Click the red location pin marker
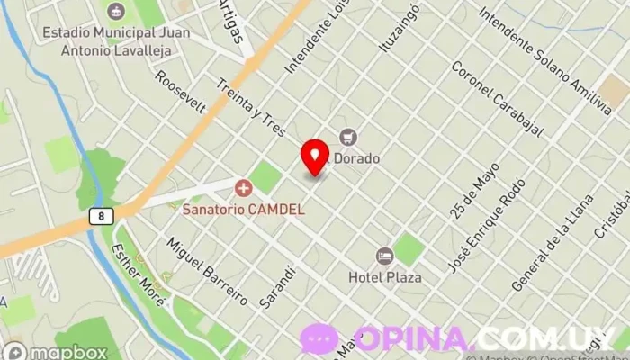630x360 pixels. point(315,158)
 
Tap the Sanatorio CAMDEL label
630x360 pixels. point(243,209)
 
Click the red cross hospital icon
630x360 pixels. point(243,188)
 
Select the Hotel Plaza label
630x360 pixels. point(385,277)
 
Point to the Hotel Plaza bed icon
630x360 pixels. point(385,256)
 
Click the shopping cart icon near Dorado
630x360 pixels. point(348,137)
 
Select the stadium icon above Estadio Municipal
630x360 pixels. point(115,12)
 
